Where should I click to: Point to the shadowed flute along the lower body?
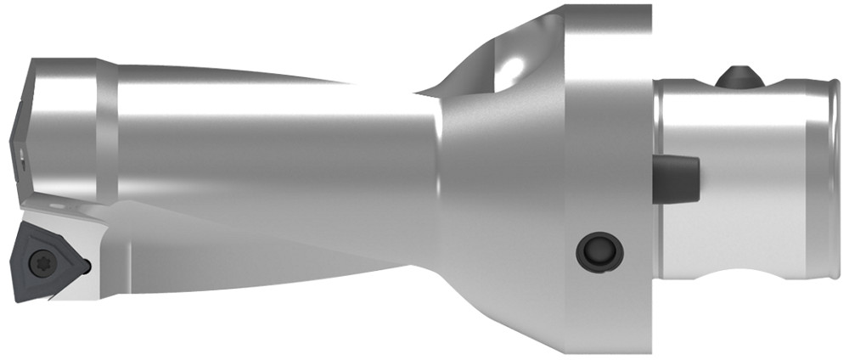point(255,246)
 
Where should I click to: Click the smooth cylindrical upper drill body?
point(255,127)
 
